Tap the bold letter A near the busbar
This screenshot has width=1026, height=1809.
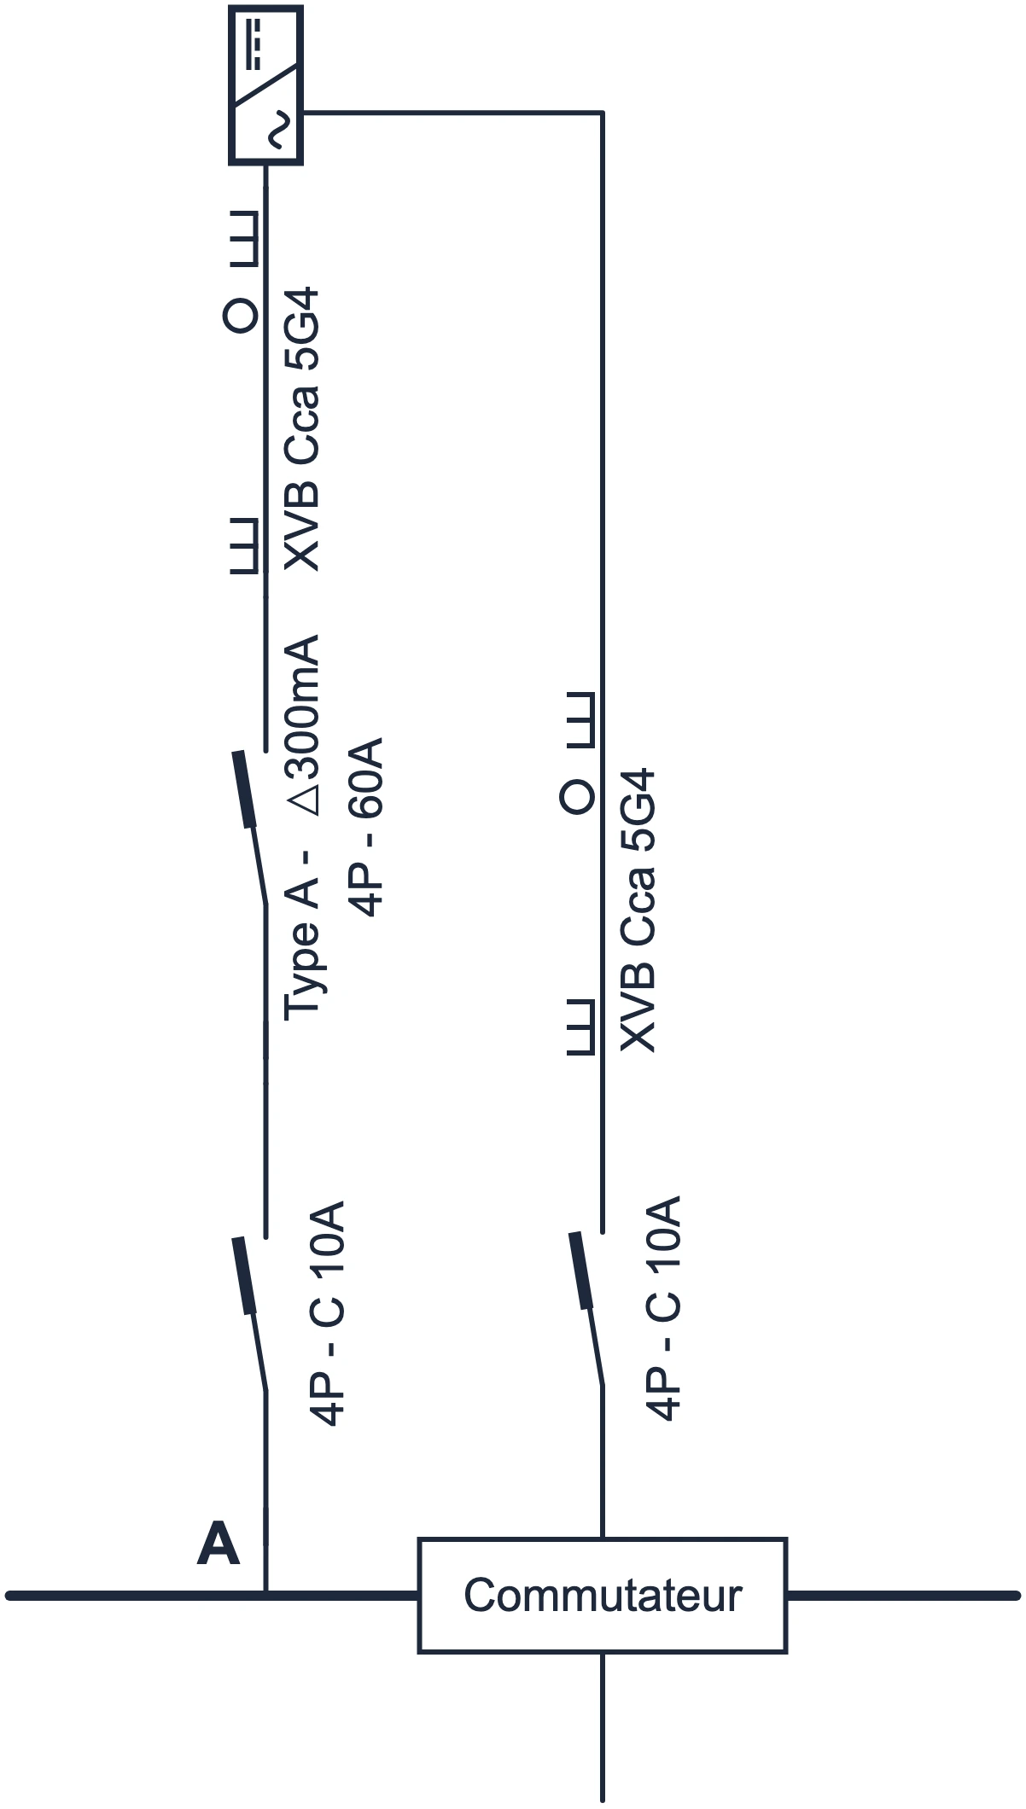click(x=218, y=1545)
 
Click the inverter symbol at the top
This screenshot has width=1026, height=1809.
click(x=265, y=84)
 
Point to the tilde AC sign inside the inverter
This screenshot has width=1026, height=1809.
click(x=277, y=131)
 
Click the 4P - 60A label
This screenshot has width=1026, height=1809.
click(x=366, y=827)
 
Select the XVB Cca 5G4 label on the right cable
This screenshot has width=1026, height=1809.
click(x=638, y=910)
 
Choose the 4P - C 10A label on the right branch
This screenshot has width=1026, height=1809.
click(x=664, y=1309)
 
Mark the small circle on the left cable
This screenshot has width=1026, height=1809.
click(x=240, y=316)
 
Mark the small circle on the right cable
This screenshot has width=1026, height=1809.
click(x=577, y=796)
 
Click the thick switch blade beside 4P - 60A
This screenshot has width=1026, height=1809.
click(x=245, y=789)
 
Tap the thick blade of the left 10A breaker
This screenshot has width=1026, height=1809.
click(x=245, y=1275)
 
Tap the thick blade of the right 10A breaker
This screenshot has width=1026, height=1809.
click(x=581, y=1270)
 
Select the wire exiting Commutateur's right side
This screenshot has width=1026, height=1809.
click(x=903, y=1595)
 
